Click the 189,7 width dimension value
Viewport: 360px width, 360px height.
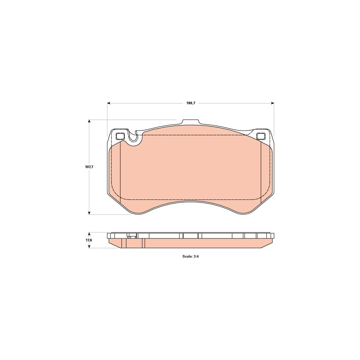[190, 103]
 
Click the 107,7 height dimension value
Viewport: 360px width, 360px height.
[89, 167]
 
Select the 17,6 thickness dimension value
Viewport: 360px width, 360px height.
[89, 240]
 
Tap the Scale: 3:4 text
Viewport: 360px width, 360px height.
[190, 257]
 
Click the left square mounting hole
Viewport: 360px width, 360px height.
[120, 137]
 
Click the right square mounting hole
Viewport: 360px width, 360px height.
[260, 137]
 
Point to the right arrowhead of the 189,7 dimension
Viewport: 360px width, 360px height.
[273, 103]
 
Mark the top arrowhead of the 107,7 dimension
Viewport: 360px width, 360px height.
[89, 121]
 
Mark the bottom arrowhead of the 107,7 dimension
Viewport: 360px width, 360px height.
[89, 213]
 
